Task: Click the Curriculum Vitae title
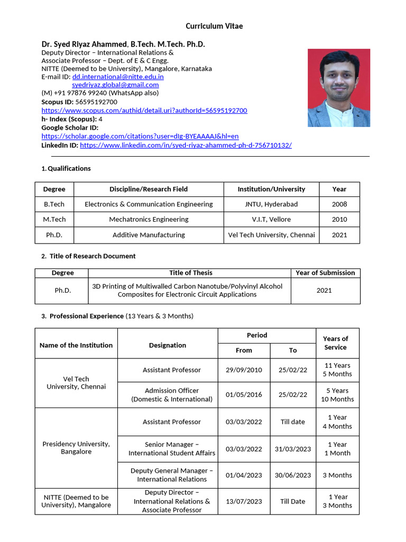(214, 26)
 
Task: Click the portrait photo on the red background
(339, 88)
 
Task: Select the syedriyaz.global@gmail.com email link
(115, 85)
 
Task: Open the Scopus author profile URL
(144, 110)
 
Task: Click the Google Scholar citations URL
(140, 136)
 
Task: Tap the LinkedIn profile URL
(186, 144)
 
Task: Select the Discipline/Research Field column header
(149, 189)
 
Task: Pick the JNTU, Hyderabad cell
(271, 204)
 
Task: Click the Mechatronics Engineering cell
(149, 219)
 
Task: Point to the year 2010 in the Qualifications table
(339, 219)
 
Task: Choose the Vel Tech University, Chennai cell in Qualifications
(271, 234)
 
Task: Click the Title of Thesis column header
(191, 273)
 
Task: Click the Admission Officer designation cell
(172, 395)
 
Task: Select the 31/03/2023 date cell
(293, 449)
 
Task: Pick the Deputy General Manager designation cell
(172, 475)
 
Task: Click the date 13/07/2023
(244, 501)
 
